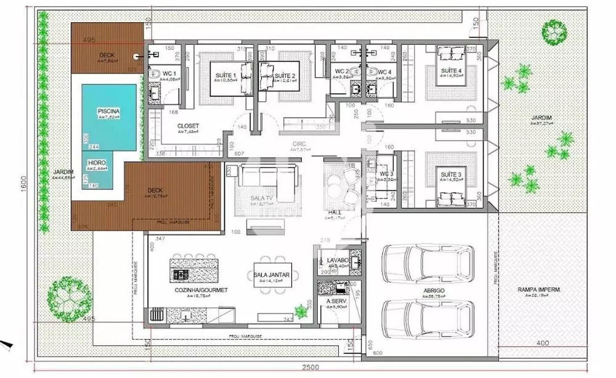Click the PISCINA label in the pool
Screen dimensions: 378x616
(108, 111)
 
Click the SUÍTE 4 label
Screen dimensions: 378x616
(452, 72)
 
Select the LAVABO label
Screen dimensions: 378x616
(338, 261)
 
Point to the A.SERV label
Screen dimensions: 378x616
(337, 301)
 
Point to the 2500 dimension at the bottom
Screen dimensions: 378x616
(311, 368)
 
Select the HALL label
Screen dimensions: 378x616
(335, 212)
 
